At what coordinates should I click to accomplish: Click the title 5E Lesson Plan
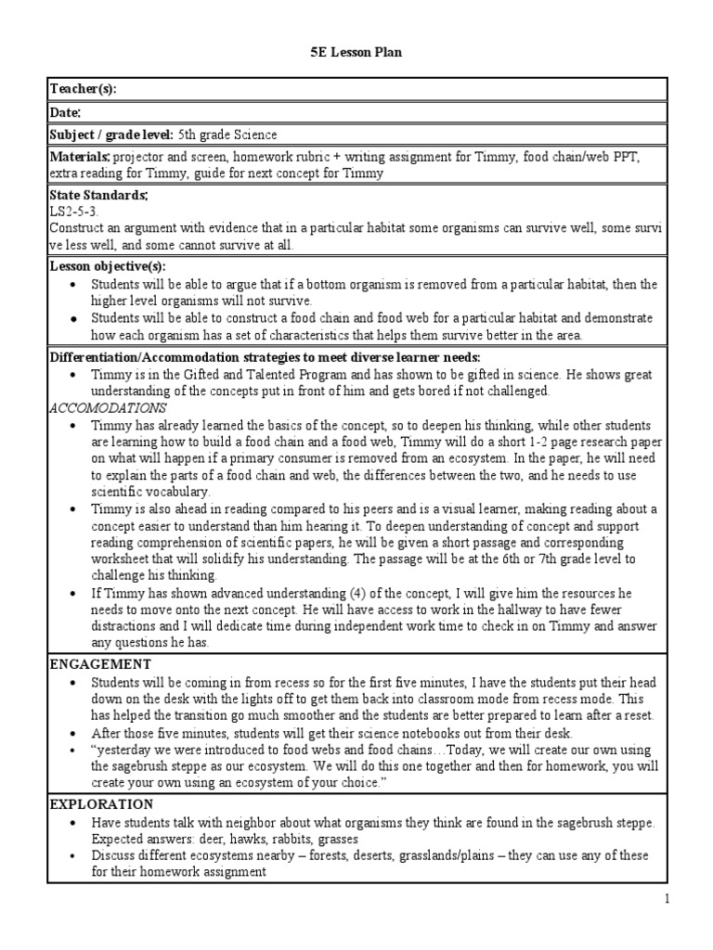point(356,53)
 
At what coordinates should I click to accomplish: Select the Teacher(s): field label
point(84,89)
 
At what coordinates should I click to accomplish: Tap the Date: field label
point(66,112)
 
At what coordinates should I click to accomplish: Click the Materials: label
point(80,158)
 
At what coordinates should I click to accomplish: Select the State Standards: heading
point(98,196)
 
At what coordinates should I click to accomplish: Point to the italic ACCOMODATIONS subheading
point(107,407)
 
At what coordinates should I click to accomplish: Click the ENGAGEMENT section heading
point(99,664)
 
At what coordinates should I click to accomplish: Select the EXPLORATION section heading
point(101,804)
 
